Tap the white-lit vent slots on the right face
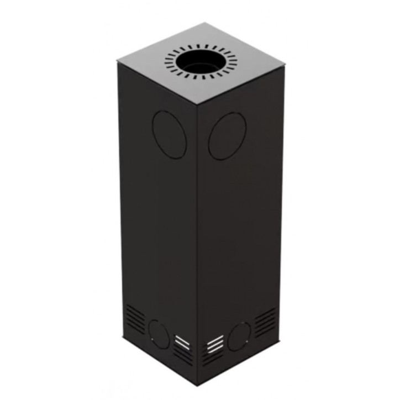coord(215,343)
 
